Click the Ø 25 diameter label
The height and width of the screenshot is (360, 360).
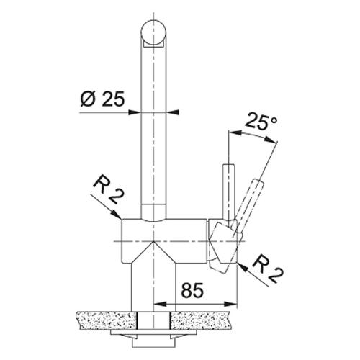[x=102, y=99]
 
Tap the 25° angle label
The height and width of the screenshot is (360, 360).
[x=261, y=121]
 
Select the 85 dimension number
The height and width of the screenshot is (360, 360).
[x=192, y=290]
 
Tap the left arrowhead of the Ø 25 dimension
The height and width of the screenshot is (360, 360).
[x=135, y=112]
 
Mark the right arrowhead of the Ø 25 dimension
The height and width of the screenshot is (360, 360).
[x=172, y=112]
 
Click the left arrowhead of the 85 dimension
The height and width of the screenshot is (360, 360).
[x=160, y=304]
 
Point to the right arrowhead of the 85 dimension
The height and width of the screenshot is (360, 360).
[x=230, y=304]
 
